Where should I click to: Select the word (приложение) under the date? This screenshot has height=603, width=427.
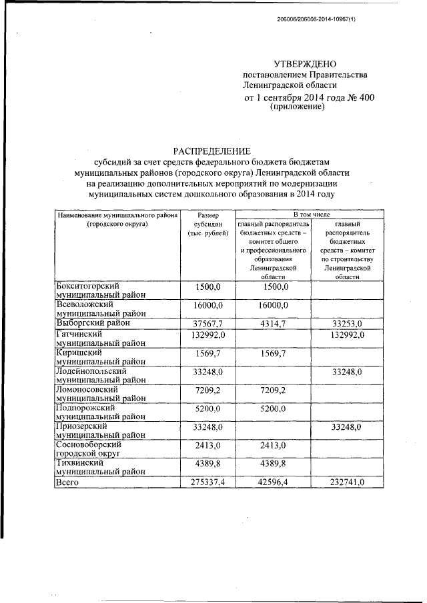tap(297, 107)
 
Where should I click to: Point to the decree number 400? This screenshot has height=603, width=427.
tap(366, 98)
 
